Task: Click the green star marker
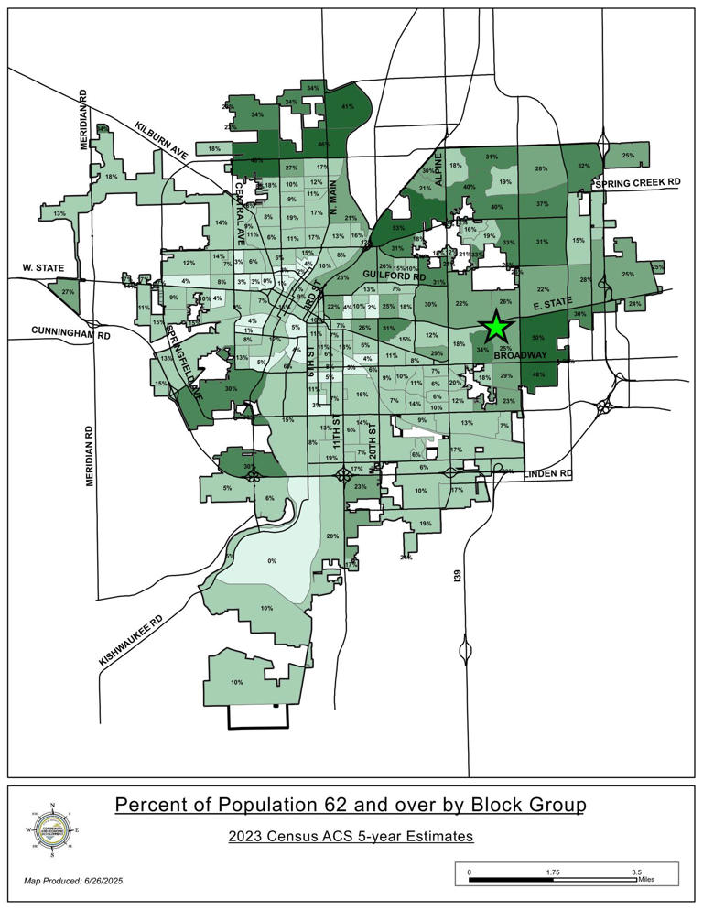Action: pyautogui.click(x=495, y=326)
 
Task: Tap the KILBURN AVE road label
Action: pyautogui.click(x=161, y=141)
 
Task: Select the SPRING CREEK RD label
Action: pyautogui.click(x=638, y=183)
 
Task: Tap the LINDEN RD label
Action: pyautogui.click(x=548, y=473)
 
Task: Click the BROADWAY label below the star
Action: pyautogui.click(x=520, y=355)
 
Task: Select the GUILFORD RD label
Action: pyautogui.click(x=395, y=275)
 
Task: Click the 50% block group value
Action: pyautogui.click(x=538, y=339)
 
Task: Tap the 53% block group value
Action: pyautogui.click(x=397, y=227)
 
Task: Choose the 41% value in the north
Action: pyautogui.click(x=347, y=107)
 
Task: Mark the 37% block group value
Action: pyautogui.click(x=542, y=204)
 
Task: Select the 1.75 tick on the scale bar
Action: pyautogui.click(x=552, y=872)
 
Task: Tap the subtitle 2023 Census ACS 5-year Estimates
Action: pyautogui.click(x=351, y=837)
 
